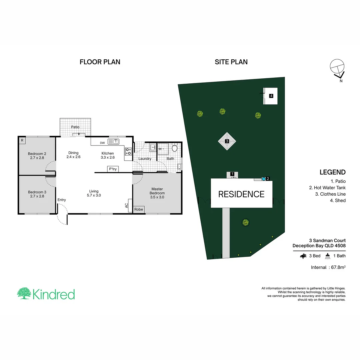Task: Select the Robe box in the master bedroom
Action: point(139,209)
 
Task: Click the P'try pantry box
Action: point(113,169)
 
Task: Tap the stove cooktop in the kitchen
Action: point(128,151)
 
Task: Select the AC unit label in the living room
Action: point(127,206)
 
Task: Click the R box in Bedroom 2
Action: point(22,140)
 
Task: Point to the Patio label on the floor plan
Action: point(75,127)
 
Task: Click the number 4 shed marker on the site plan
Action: point(271,96)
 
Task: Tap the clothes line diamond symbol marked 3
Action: point(227,141)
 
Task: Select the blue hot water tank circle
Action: point(263,179)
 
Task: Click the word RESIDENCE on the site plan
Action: point(241,194)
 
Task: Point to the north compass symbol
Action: point(337,69)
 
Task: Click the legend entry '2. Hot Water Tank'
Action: point(327,188)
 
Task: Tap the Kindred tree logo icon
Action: point(24,294)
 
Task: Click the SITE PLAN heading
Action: point(231,62)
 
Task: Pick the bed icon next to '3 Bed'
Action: point(303,256)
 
